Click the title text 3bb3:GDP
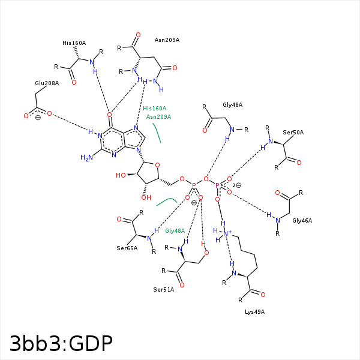(61, 344)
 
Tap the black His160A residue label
(74, 43)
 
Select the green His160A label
(155, 109)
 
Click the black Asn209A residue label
(167, 40)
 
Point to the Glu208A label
(47, 83)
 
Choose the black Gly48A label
(233, 105)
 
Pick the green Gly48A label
(175, 231)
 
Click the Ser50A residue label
(293, 133)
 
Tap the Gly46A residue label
(302, 221)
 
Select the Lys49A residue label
(254, 312)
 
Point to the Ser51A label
(164, 290)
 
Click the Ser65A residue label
(127, 248)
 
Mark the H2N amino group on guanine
(87, 158)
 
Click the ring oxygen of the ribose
(157, 165)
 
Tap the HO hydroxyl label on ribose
(121, 175)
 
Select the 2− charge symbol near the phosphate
(237, 185)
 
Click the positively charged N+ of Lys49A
(227, 233)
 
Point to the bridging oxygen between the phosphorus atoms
(206, 179)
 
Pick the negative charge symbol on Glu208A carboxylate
(38, 118)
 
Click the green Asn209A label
(158, 117)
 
